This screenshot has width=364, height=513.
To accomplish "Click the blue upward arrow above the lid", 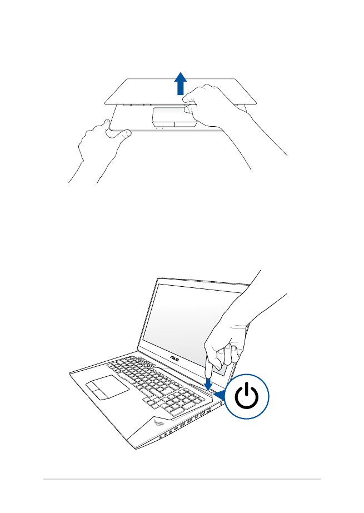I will tap(181, 85).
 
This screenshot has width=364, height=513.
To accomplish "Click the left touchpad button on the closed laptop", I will tap(162, 123).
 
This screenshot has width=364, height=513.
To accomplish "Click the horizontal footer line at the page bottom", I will tap(182, 479).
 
